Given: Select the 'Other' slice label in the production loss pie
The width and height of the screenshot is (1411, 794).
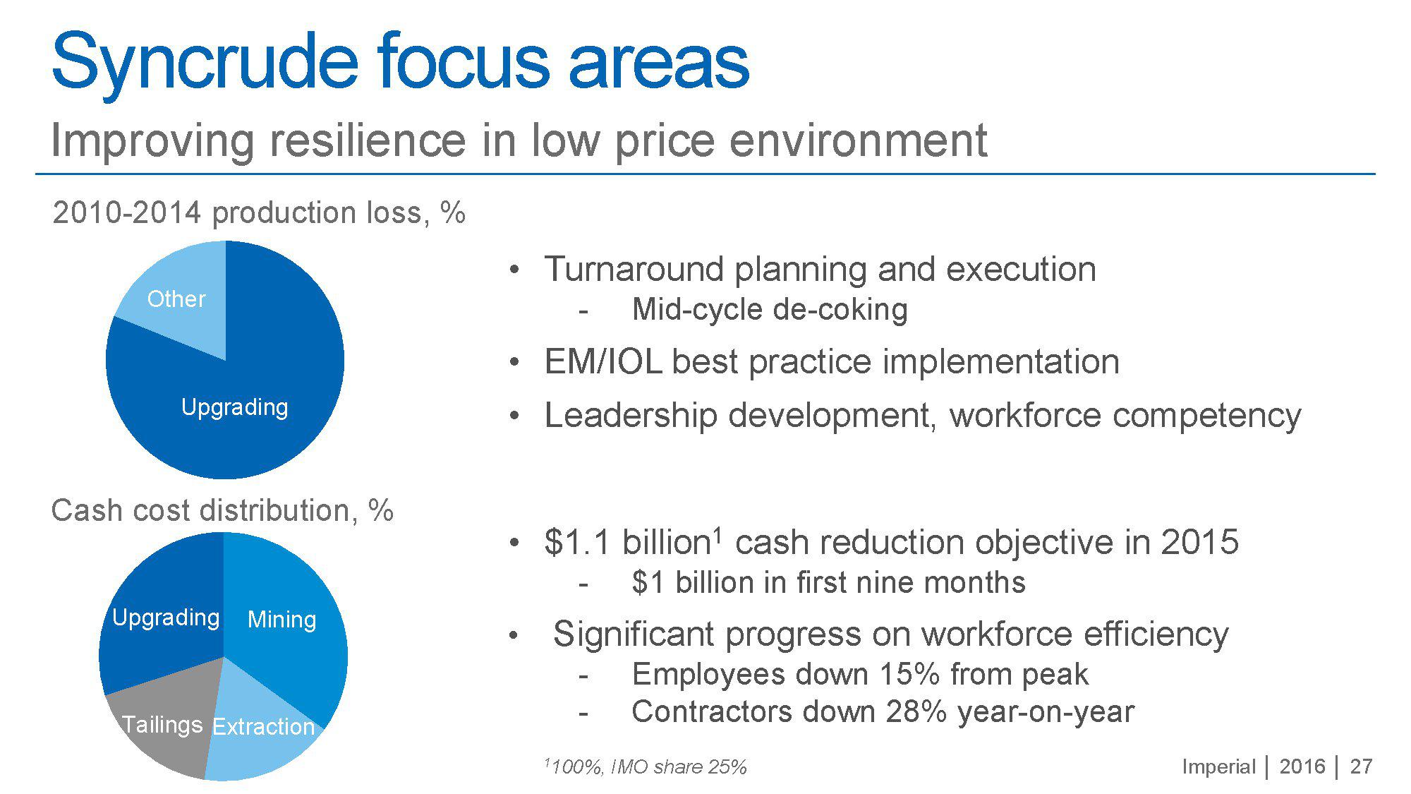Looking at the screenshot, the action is tap(176, 299).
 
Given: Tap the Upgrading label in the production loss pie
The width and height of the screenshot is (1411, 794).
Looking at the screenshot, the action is tap(234, 408).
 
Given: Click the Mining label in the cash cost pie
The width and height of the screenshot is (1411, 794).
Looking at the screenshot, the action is tap(281, 620).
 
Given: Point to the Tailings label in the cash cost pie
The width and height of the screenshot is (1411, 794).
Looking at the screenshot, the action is tap(162, 725).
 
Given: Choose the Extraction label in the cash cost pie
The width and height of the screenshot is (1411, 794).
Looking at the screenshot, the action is tap(263, 726).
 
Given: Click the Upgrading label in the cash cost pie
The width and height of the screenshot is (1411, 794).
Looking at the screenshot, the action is tap(166, 618).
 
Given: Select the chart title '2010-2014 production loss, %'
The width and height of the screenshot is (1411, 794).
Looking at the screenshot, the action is tap(259, 213).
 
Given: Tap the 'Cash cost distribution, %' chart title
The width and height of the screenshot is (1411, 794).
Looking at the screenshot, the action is tap(222, 510).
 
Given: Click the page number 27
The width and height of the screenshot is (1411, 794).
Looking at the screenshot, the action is tap(1361, 766).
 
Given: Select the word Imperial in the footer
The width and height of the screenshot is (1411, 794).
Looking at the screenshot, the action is tap(1218, 767).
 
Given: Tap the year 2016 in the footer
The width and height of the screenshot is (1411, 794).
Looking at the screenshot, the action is tap(1302, 766).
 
